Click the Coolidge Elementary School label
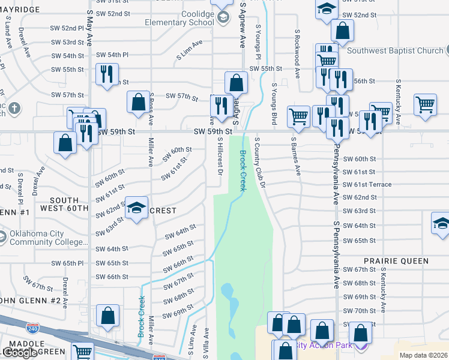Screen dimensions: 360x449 point(179,18)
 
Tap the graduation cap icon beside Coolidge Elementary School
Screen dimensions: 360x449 point(223,17)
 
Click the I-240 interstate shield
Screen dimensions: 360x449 point(32,328)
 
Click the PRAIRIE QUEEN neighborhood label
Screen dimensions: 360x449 point(396,261)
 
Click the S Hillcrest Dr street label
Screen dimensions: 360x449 point(221,157)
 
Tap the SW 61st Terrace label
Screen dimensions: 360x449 point(367,185)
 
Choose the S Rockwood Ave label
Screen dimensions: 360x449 point(297,53)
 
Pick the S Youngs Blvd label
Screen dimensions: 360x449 point(274,104)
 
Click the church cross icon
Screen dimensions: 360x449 point(15,109)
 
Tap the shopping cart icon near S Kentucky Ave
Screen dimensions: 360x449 point(425,104)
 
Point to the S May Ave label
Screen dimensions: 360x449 point(89,28)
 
